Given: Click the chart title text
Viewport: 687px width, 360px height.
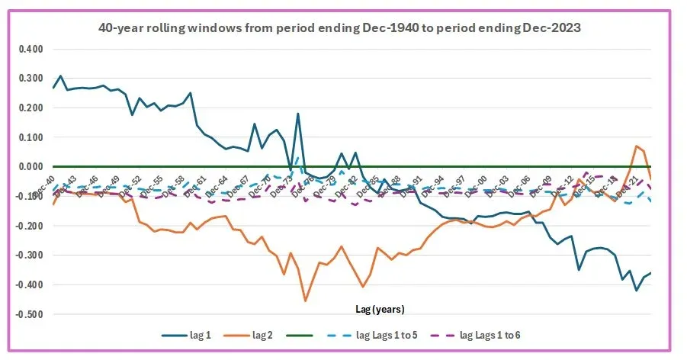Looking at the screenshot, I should coord(343,27).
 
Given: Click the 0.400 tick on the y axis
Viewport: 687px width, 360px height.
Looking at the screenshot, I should coord(31,49).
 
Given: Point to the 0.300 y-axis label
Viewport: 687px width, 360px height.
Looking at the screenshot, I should coord(31,79).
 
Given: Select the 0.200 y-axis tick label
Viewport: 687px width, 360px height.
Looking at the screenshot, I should coord(31,108).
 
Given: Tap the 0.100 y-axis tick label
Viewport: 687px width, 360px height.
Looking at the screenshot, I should coord(31,137).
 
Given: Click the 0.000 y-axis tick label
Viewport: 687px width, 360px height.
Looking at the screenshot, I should coord(31,167).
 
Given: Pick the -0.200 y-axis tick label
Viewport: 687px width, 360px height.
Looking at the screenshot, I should coord(30,226).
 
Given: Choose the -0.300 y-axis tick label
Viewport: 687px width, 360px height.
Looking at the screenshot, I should coord(30,256).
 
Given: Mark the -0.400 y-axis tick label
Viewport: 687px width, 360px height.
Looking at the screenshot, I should coord(30,284).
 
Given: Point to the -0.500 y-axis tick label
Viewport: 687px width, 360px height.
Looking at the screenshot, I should coord(30,314).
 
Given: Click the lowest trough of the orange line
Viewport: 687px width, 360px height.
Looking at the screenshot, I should coord(306,301).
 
